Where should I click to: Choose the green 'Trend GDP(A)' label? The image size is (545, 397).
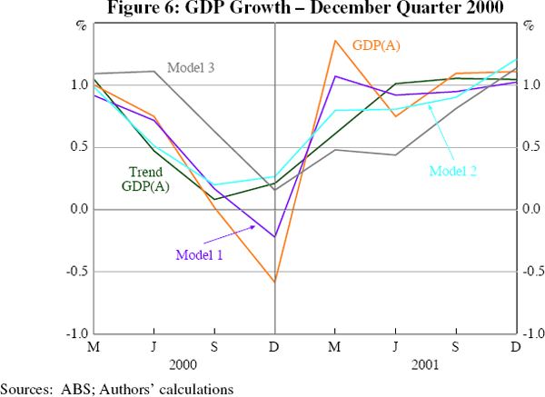(x=146, y=179)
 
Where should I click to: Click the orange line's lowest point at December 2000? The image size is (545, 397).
(x=274, y=282)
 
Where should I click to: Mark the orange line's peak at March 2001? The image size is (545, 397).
(x=335, y=40)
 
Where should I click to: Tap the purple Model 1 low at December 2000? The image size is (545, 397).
(x=274, y=236)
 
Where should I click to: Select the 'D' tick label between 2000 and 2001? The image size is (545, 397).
(x=274, y=348)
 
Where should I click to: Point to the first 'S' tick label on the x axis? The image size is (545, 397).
(x=214, y=348)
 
